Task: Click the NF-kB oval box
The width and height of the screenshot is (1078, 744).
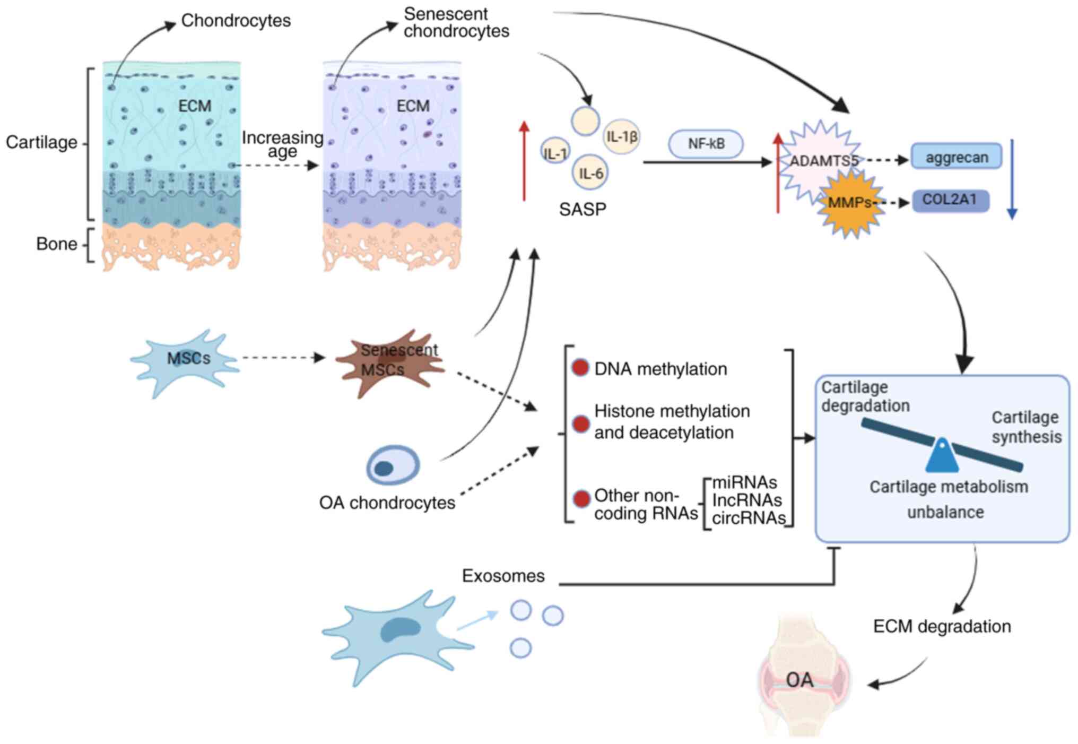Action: [706, 144]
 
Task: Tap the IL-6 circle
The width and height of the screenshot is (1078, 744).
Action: [590, 173]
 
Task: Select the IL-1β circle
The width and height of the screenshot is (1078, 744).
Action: [621, 137]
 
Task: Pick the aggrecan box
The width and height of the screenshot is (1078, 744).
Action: [957, 157]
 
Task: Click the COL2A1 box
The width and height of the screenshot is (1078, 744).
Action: [950, 201]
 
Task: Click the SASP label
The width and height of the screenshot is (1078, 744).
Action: [583, 210]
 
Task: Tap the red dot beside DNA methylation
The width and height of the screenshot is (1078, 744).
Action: [580, 368]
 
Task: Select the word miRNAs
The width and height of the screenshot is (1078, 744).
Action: [744, 482]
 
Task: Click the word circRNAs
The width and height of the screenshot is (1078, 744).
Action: [749, 518]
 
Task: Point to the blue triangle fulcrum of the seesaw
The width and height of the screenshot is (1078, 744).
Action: [942, 455]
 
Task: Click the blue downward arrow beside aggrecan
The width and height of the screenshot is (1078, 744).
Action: [1012, 179]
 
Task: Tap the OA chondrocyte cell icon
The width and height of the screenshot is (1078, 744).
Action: [393, 465]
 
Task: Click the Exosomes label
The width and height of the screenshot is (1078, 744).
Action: [503, 576]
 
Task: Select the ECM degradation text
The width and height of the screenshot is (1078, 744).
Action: [942, 626]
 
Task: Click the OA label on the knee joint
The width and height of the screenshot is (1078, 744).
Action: [799, 680]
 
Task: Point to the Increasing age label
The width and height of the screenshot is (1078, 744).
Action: [282, 144]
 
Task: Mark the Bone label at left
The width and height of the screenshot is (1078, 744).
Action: [57, 244]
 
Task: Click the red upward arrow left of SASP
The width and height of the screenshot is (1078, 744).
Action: [524, 161]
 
